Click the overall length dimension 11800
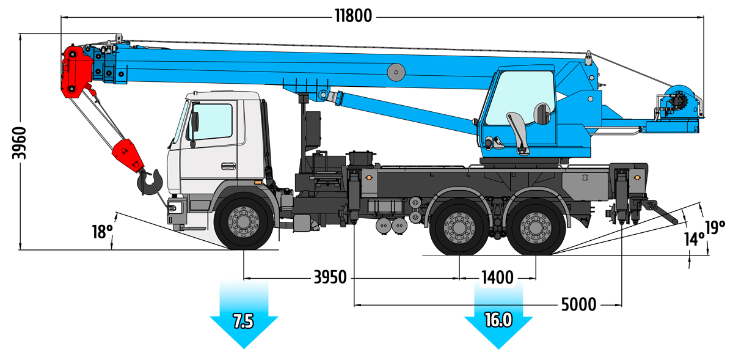pos(353,15)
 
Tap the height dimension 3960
pos(20,143)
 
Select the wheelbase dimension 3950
pos(330,277)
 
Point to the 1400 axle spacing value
pos(497,277)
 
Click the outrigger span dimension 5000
pos(578,304)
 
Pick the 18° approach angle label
pos(103,232)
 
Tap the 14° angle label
pos(693,239)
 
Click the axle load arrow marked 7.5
pos(243,318)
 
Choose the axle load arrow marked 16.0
pos(498,318)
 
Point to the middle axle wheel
pos(459,227)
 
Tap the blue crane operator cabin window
pos(519,98)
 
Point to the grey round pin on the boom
pos(396,73)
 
